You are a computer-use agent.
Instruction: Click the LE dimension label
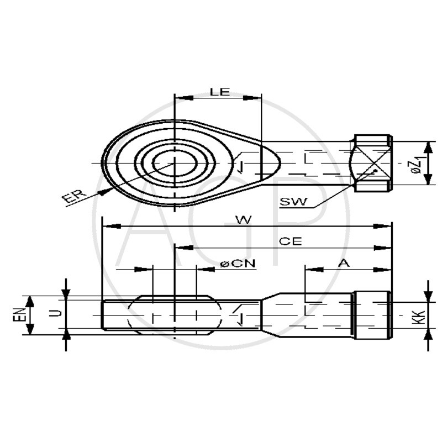[x=219, y=92]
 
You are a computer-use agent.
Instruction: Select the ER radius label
[x=73, y=196]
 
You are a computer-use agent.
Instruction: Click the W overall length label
[x=243, y=219]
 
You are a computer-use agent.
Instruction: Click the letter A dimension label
[x=344, y=264]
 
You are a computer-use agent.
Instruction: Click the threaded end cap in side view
[x=373, y=316]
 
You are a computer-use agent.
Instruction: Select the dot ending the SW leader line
[x=375, y=171]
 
